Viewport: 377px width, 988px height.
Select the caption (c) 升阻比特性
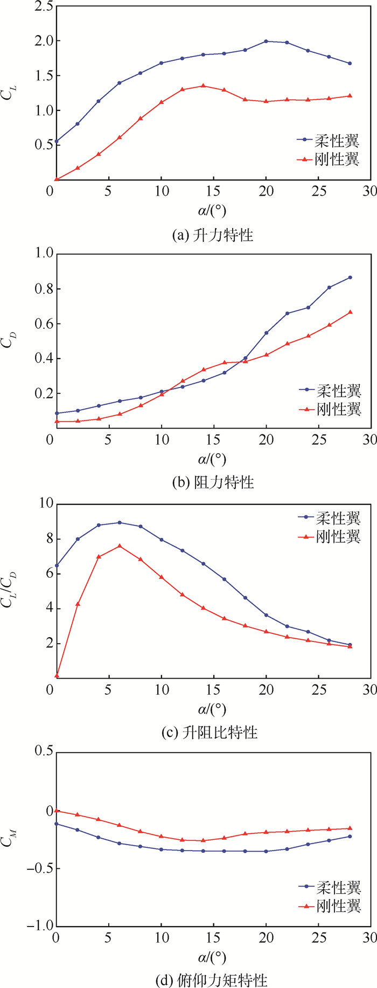pos(210,732)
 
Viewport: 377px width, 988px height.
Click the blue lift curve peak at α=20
pos(266,41)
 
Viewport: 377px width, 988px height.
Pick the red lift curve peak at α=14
pos(203,86)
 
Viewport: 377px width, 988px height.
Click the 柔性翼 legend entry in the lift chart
pos(329,140)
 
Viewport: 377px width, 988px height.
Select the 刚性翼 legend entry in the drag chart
pos(329,409)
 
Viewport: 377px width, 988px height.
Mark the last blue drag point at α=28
pos(350,278)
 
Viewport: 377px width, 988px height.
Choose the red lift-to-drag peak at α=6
pos(119,545)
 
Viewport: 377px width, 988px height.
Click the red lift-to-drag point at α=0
pos(56,675)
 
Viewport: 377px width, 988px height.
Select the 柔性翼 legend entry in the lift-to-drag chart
pos(329,518)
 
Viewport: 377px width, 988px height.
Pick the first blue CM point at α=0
pos(56,824)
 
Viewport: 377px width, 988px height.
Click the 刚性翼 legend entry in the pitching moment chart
pos(329,906)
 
